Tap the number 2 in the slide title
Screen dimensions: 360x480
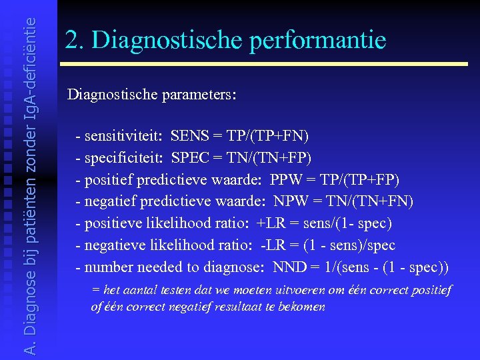click(72, 40)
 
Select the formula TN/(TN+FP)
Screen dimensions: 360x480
click(269, 159)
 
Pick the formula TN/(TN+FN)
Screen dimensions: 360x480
click(371, 202)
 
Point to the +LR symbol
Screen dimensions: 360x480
click(270, 224)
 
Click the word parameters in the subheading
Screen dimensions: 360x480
click(198, 94)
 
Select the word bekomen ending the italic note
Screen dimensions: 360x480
click(303, 307)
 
